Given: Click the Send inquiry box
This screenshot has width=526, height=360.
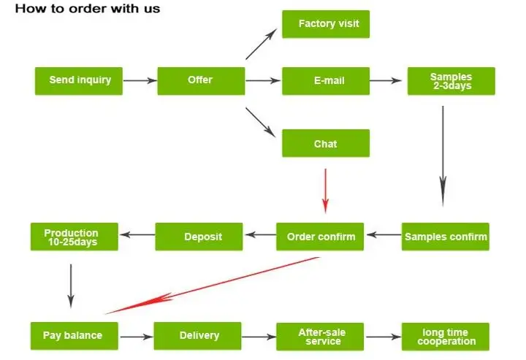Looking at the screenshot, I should (x=79, y=80).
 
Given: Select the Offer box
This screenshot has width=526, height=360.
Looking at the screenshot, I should (x=201, y=80).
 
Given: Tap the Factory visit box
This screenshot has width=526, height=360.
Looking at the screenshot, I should (x=326, y=24).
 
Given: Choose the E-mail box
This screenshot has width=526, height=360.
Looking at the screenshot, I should (x=326, y=80).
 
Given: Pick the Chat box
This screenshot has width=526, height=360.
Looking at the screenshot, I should (x=326, y=143).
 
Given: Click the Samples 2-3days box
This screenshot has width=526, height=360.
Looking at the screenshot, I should (x=451, y=81).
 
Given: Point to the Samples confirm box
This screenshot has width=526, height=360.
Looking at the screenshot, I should (x=445, y=237).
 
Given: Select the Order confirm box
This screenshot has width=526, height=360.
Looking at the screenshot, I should (x=320, y=237).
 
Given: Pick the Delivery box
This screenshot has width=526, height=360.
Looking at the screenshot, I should (x=197, y=336).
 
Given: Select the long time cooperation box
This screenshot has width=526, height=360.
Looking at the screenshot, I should (x=446, y=336).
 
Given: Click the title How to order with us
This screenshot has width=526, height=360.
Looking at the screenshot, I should (x=88, y=9).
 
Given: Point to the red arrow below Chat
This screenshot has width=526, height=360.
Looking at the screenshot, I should (x=326, y=189).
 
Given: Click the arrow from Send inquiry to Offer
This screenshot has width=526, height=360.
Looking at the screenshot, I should (x=140, y=80).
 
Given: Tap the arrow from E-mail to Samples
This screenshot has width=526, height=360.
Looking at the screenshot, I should (x=389, y=80).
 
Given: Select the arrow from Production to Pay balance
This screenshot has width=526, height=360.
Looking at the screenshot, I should (x=71, y=285).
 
